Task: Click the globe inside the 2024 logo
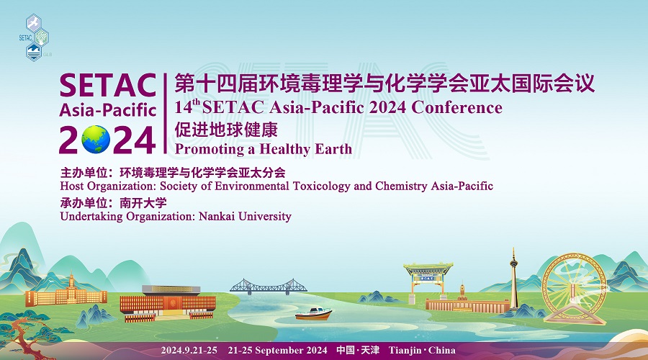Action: pos(96,139)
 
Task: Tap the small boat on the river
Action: pos(313,314)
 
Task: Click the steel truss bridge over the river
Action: pos(269,287)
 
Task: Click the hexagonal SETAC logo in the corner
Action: pos(35,37)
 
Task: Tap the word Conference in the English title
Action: pos(456,107)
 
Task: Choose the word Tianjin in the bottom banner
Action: pos(405,351)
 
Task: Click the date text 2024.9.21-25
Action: pos(189,351)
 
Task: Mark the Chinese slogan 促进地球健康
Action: pos(226,130)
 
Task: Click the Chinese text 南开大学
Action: pos(143,203)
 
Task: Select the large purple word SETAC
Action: pos(108,86)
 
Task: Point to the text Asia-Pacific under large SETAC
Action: pos(108,110)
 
